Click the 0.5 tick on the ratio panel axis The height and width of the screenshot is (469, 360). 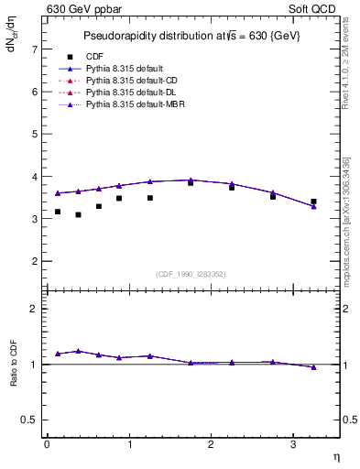(x=30, y=420)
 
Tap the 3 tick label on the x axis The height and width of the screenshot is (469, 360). (x=292, y=444)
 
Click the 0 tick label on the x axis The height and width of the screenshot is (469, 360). (x=47, y=444)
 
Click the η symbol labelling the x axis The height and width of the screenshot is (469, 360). (x=336, y=454)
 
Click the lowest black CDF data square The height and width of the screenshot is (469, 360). (x=78, y=214)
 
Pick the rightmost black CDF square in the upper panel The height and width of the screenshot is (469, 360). (x=313, y=202)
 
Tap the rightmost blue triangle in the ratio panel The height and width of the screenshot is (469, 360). (x=313, y=367)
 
